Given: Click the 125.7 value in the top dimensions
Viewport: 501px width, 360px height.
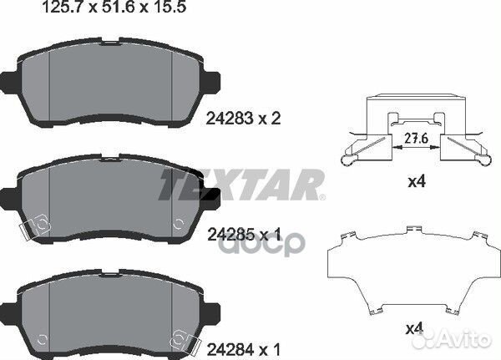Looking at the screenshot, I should click(37, 11).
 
